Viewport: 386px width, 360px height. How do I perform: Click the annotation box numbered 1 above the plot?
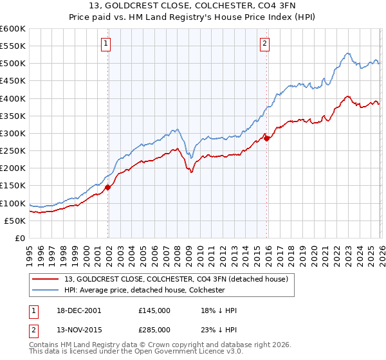(x=105, y=44)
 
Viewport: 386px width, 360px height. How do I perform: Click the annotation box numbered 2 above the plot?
(x=264, y=44)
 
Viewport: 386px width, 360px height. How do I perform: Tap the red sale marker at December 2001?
(x=108, y=187)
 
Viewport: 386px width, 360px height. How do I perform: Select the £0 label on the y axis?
(x=21, y=238)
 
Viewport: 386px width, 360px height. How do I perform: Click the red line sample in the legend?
(x=46, y=279)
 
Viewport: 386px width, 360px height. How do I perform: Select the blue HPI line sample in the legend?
(x=46, y=290)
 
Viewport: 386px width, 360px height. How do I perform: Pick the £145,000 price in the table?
(x=154, y=310)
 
